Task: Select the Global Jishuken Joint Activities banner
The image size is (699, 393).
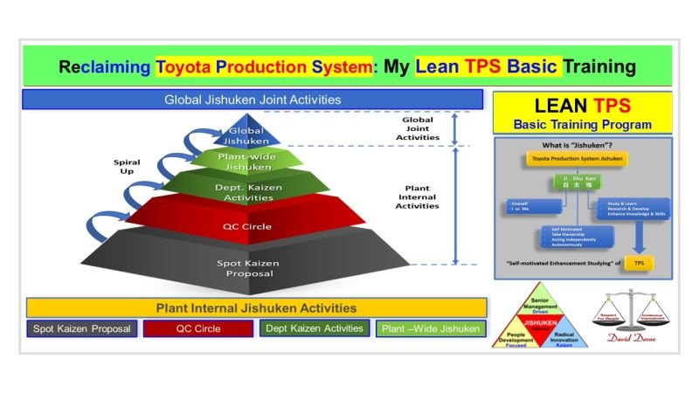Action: pyautogui.click(x=253, y=99)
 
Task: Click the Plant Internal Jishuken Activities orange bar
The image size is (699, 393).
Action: pyautogui.click(x=255, y=308)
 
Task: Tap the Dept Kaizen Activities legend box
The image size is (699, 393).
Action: pyautogui.click(x=312, y=329)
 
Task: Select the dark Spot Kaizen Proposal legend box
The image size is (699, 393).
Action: pyautogui.click(x=81, y=329)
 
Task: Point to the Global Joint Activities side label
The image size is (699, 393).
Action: pyautogui.click(x=417, y=129)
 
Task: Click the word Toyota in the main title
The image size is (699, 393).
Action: pyautogui.click(x=184, y=66)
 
